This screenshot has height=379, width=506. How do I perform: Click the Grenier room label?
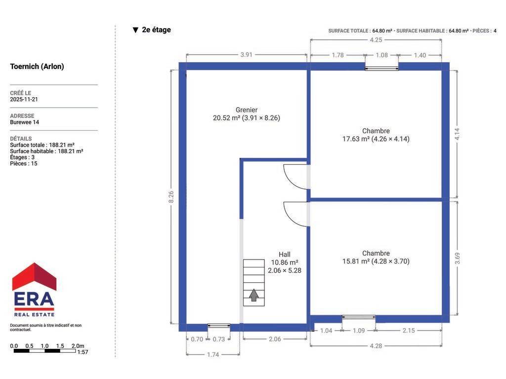click(246, 110)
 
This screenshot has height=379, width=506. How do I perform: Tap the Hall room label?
click(284, 255)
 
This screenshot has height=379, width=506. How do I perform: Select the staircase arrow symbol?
click(253, 295)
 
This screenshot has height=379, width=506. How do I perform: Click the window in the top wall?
click(381, 68)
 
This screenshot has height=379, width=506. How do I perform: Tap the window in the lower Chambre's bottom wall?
click(359, 317)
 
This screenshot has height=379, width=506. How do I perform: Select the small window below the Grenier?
click(219, 326)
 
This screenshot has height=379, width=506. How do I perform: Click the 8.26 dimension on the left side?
click(171, 197)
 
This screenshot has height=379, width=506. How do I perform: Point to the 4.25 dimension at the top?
click(376, 40)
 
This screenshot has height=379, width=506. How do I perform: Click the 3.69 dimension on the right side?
click(457, 258)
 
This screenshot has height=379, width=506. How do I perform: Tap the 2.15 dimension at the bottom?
click(409, 330)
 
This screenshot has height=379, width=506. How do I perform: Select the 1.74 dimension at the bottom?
click(213, 354)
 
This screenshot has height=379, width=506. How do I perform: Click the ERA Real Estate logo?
click(34, 289)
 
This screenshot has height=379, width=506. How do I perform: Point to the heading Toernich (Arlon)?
click(37, 67)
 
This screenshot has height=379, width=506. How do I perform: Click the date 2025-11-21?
click(24, 99)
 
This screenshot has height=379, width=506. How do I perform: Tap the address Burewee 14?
click(25, 122)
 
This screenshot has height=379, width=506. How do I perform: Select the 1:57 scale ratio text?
click(83, 352)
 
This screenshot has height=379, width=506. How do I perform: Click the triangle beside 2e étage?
click(135, 30)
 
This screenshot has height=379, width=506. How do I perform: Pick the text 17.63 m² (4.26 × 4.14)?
click(376, 139)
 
